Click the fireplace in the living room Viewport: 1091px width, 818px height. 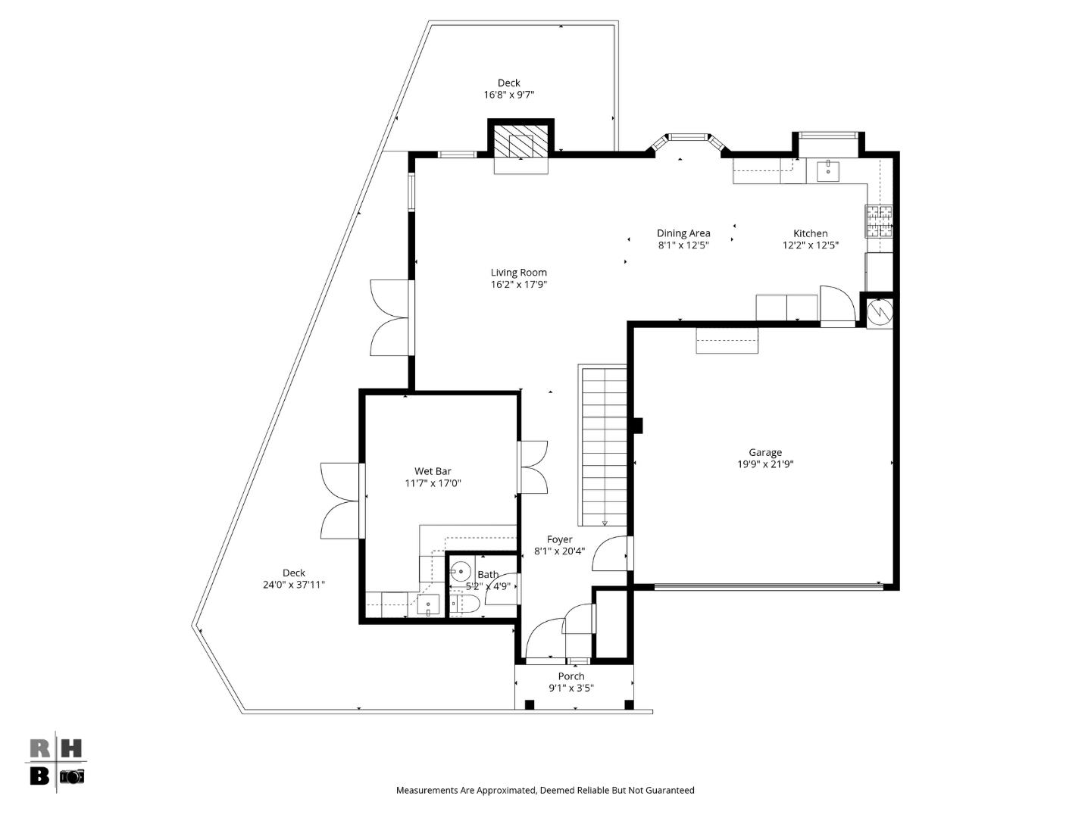click(x=520, y=141)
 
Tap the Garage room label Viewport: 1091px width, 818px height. click(x=765, y=452)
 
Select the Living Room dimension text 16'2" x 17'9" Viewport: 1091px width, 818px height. click(x=518, y=285)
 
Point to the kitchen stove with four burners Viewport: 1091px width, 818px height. click(x=879, y=221)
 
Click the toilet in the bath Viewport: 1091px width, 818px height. click(x=463, y=604)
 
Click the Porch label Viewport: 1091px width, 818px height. click(x=571, y=676)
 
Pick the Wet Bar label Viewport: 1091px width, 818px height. click(x=433, y=471)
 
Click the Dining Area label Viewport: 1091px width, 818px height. click(x=683, y=233)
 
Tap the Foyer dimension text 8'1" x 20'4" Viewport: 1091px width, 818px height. click(x=560, y=551)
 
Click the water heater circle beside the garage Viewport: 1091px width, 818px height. click(x=880, y=311)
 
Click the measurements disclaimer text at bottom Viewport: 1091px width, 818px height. click(x=545, y=790)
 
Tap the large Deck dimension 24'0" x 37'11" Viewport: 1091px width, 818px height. click(x=294, y=585)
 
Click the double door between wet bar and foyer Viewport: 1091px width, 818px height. click(x=532, y=467)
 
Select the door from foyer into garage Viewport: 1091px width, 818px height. click(x=612, y=554)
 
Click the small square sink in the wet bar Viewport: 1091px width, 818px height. click(x=428, y=605)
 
